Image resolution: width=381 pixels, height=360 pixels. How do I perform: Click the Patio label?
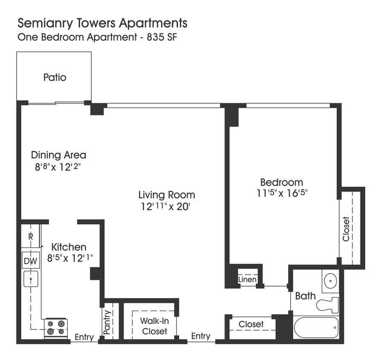55,78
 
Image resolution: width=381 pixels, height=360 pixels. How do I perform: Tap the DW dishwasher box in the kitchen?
30,260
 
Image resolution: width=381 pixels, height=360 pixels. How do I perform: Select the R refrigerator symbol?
31,236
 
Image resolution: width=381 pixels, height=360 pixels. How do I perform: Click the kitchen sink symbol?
30,279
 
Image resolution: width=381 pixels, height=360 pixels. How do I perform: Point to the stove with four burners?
56,328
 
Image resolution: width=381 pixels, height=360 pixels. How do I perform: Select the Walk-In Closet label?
154,326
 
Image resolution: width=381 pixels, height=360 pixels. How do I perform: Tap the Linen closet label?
247,279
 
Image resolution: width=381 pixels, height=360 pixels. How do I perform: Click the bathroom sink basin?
330,281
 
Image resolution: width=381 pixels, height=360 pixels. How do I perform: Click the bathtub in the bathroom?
316,328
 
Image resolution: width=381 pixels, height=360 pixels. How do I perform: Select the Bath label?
305,296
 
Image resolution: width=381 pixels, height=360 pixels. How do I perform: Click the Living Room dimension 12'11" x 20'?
167,207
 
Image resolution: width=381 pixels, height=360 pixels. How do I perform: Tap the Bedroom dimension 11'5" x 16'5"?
282,193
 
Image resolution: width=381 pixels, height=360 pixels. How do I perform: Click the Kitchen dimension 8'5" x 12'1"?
69,258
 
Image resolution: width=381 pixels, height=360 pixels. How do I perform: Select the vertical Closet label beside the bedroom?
346,229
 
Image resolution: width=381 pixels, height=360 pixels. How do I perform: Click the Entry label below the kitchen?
84,337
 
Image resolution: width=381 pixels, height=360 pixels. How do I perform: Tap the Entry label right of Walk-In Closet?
200,336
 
